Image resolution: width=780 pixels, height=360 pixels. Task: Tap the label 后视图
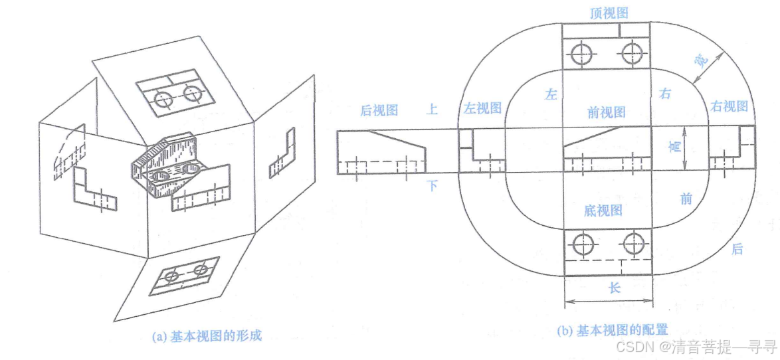click(x=378, y=111)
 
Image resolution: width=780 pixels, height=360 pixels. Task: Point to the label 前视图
click(x=607, y=112)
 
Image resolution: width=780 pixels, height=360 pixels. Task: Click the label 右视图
click(x=730, y=106)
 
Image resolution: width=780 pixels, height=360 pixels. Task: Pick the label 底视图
click(x=603, y=211)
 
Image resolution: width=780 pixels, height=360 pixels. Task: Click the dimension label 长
click(x=615, y=288)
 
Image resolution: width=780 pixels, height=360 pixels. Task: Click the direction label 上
click(x=432, y=110)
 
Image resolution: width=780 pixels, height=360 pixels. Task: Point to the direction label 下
click(x=432, y=185)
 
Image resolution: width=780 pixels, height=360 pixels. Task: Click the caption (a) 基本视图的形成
click(x=207, y=336)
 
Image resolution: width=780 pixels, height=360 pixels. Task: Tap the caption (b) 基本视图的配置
click(x=612, y=330)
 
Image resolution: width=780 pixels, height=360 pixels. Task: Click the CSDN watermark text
click(x=696, y=346)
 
